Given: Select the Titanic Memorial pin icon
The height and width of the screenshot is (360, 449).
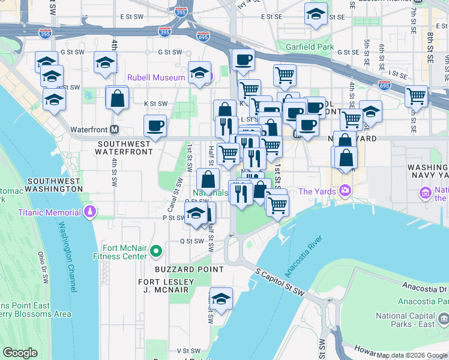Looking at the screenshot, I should click(x=89, y=212).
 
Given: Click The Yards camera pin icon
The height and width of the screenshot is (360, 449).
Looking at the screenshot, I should click(x=345, y=191).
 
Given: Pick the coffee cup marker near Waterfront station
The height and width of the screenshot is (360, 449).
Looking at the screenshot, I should click(x=155, y=127).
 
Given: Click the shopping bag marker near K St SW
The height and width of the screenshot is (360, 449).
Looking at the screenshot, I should click(x=117, y=98).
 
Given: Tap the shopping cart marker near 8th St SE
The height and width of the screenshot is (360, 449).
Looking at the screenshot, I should click(x=416, y=95).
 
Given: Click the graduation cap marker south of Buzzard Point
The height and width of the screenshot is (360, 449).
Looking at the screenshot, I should click(x=221, y=299).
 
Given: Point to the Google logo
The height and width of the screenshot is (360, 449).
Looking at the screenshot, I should click(x=20, y=353).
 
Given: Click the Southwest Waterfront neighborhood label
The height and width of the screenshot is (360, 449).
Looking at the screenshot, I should click(x=125, y=148).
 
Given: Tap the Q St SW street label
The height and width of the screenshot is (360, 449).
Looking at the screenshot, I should click(x=192, y=241).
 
